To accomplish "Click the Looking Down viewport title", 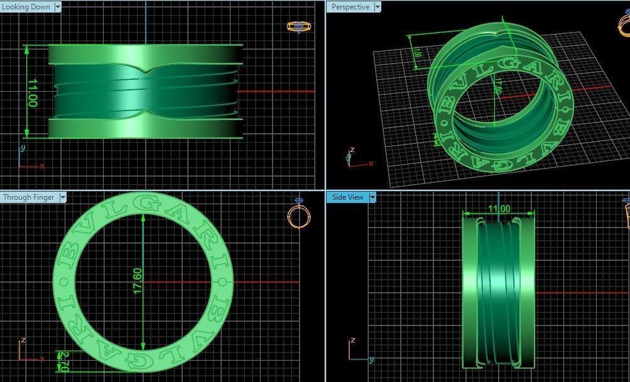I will tap(26, 7).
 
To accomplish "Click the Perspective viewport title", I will tap(350, 7).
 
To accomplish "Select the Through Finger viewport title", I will tap(29, 197).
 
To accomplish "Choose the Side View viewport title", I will tap(347, 197).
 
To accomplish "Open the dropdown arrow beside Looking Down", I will tap(58, 7).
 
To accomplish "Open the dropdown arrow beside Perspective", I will tap(377, 7).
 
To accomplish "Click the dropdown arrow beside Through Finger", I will tap(62, 197).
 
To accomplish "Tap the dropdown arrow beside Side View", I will tap(372, 197).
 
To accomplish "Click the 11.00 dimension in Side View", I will tap(499, 209).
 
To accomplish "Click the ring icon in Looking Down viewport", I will tap(296, 26).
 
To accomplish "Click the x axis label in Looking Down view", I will tap(42, 166).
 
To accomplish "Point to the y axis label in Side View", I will tap(371, 359).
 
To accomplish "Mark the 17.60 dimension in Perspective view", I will tap(497, 87).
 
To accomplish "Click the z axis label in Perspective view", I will tap(352, 150).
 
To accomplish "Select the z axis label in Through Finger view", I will tap(23, 340).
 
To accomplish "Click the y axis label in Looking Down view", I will tap(22, 148).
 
